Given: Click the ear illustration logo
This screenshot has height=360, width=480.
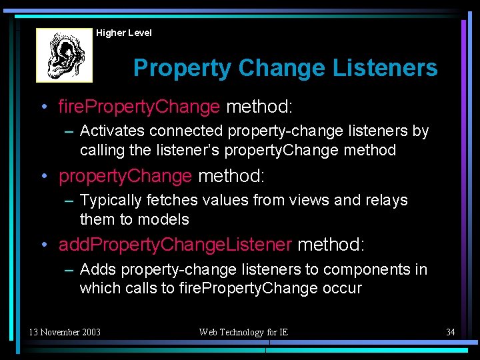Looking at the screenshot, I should tap(64, 55).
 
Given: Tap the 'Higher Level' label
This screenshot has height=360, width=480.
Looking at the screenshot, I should tap(124, 33).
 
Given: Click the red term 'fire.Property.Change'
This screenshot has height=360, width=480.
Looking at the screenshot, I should tap(139, 107).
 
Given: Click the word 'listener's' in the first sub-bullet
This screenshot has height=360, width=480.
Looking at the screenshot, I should tap(189, 151).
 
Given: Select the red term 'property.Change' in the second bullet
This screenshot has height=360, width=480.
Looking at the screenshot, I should tap(125, 176).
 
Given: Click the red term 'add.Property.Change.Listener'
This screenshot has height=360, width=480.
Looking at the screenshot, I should tap(175, 245).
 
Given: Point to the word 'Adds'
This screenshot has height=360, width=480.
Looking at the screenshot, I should tap(97, 270).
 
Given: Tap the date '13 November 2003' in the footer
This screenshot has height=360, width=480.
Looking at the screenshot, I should tap(65, 332).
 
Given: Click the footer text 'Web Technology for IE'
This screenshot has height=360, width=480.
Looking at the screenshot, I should tap(243, 332).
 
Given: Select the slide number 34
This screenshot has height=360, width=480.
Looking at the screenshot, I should tap(450, 332).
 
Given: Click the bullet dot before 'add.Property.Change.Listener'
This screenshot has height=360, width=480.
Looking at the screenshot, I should tap(43, 245).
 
